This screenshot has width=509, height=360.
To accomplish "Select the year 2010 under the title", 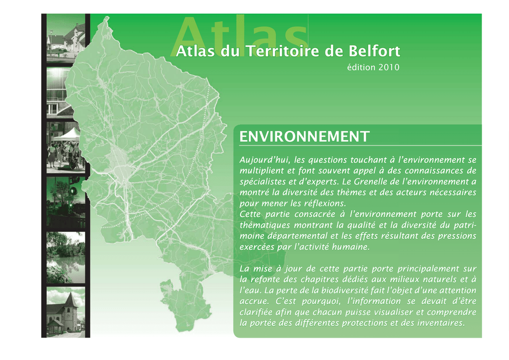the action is pyautogui.click(x=389, y=67).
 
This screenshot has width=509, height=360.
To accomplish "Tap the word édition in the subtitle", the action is pyautogui.click(x=361, y=67).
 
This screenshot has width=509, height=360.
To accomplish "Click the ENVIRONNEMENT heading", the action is pyautogui.click(x=305, y=137).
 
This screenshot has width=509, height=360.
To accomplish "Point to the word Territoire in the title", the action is pyautogui.click(x=282, y=51).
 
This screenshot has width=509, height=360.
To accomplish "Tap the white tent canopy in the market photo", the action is pyautogui.click(x=67, y=135).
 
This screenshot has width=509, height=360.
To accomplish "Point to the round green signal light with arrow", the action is pyautogui.click(x=74, y=191).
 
